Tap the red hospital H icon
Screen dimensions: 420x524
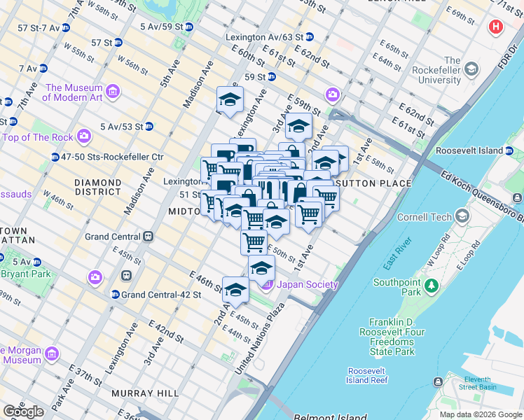pos(497,27)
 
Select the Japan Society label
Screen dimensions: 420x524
pos(308,284)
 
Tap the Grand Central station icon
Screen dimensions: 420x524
pos(148,237)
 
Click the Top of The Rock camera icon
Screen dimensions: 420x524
pos(84,136)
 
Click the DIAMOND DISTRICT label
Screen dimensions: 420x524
pos(98,187)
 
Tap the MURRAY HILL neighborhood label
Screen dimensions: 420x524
pos(149,393)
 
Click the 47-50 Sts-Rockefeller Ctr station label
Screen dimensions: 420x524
pos(112,157)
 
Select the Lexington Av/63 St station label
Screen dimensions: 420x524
pos(264,36)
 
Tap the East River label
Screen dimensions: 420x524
pos(396,259)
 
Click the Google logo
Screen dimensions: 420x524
pos(23,411)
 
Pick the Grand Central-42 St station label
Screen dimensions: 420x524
pos(161,295)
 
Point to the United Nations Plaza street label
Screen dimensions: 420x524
pos(261,338)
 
